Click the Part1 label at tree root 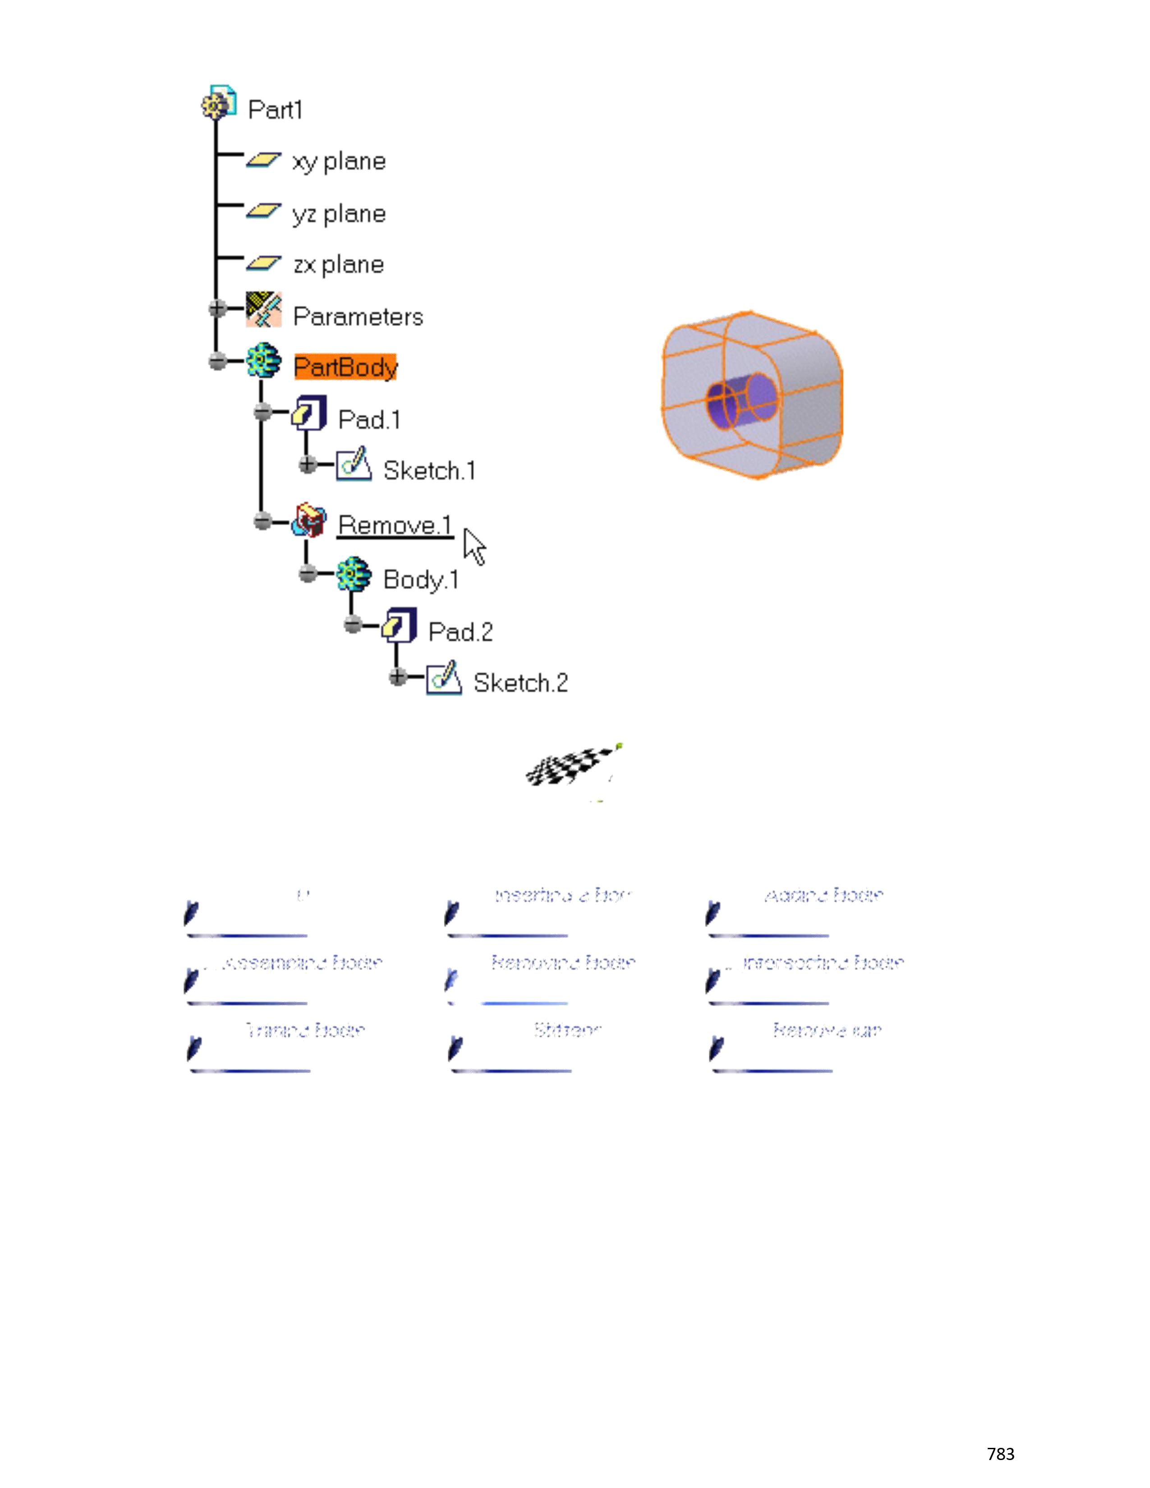tap(275, 110)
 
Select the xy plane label tap(339, 161)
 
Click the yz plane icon tap(263, 211)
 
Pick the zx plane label tap(339, 264)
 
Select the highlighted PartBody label tap(345, 367)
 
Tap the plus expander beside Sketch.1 tap(307, 464)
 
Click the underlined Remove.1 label tap(395, 525)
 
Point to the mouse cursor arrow tap(474, 547)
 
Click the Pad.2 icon tap(399, 625)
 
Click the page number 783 tap(1000, 1454)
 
